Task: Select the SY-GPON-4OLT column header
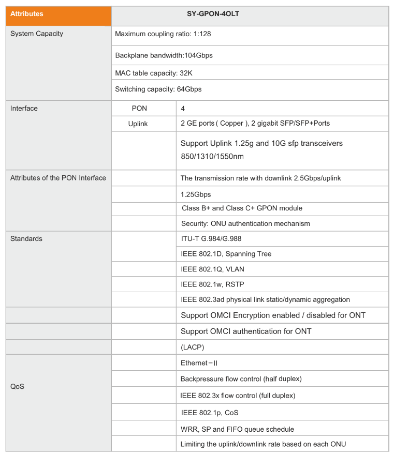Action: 249,14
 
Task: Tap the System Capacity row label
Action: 37,34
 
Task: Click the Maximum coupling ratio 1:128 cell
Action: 163,34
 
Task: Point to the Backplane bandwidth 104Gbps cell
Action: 164,55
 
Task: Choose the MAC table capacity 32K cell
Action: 153,73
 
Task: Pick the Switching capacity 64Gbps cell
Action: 158,89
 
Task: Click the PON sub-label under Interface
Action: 140,109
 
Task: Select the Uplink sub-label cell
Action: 138,124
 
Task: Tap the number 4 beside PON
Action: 183,109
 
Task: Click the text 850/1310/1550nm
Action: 212,156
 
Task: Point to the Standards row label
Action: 26,239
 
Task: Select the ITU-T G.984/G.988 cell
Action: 211,239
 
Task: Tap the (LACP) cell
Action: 192,346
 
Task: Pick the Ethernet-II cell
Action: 199,363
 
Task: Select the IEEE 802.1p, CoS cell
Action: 210,413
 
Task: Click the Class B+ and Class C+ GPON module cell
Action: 242,208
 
